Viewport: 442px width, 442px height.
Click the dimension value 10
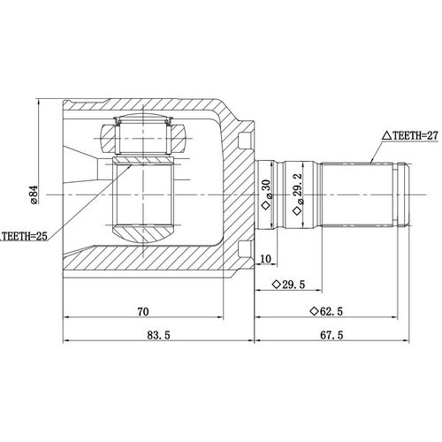click(x=266, y=258)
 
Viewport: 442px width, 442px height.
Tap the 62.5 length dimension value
click(x=331, y=310)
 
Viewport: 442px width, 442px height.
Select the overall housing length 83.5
click(x=156, y=336)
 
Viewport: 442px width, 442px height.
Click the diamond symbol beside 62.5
click(x=315, y=310)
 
